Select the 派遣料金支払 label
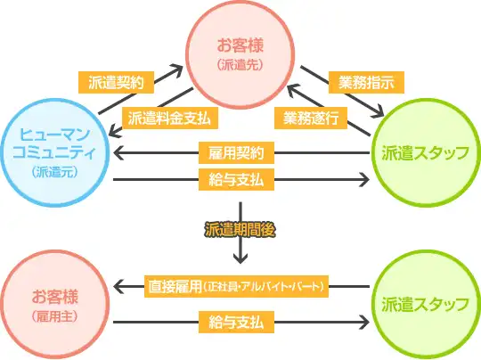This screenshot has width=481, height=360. click(170, 117)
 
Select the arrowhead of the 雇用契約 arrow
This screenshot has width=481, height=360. click(118, 153)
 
